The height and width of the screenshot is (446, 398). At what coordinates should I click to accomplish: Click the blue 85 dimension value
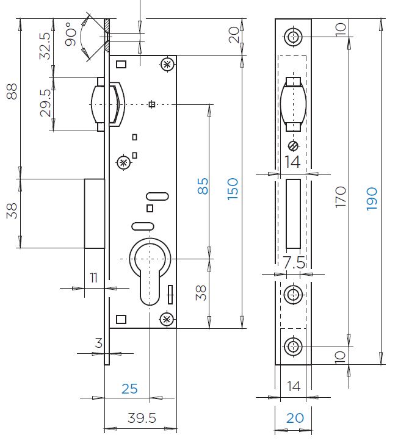click(203, 186)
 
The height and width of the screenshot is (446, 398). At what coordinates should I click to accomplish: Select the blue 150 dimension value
click(233, 189)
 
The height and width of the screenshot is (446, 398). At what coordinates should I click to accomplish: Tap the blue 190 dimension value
click(372, 199)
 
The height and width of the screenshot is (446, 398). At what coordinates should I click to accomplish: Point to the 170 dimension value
click(341, 197)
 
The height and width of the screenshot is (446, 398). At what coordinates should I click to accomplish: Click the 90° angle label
click(71, 34)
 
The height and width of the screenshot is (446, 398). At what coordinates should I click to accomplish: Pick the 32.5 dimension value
click(45, 46)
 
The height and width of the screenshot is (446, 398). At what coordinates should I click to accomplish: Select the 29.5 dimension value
click(46, 103)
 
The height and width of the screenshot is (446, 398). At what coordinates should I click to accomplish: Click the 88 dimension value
click(12, 92)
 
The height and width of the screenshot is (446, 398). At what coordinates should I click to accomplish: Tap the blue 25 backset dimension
click(129, 389)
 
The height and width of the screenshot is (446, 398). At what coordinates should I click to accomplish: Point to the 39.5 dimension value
click(142, 418)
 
